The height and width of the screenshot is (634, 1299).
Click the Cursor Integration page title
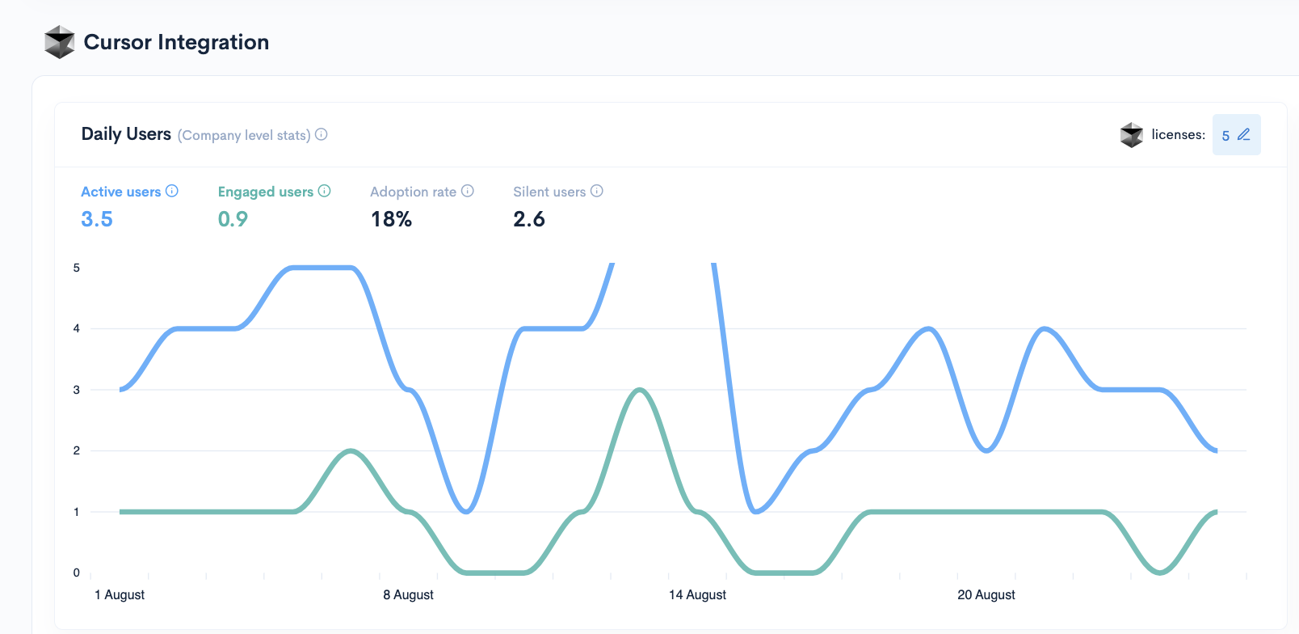tap(176, 42)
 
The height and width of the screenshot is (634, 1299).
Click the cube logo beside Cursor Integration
tap(59, 42)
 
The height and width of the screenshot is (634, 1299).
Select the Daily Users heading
tap(126, 134)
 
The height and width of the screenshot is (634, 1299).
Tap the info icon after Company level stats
tap(322, 134)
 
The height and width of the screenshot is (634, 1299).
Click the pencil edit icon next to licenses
tap(1244, 134)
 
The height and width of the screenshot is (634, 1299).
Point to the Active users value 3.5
tap(97, 219)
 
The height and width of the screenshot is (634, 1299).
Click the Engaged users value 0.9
tap(233, 219)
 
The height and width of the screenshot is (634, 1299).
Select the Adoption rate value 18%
tap(391, 219)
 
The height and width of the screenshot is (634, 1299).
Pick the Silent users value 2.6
tap(529, 219)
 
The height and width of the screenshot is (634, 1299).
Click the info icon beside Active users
tap(172, 191)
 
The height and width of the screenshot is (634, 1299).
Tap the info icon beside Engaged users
tap(325, 191)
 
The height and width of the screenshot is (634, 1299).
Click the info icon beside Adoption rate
tap(468, 191)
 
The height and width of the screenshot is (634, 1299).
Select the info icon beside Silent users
tap(597, 191)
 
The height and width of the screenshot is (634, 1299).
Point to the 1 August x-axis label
tap(120, 595)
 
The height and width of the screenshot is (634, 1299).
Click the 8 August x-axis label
tap(408, 595)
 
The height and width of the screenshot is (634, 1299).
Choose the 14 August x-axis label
tap(697, 595)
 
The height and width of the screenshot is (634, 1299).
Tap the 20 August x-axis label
tap(986, 595)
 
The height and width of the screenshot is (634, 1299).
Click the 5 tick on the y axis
tap(77, 268)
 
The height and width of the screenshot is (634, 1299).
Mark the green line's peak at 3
tap(640, 390)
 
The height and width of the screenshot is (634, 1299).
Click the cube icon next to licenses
tap(1132, 135)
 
